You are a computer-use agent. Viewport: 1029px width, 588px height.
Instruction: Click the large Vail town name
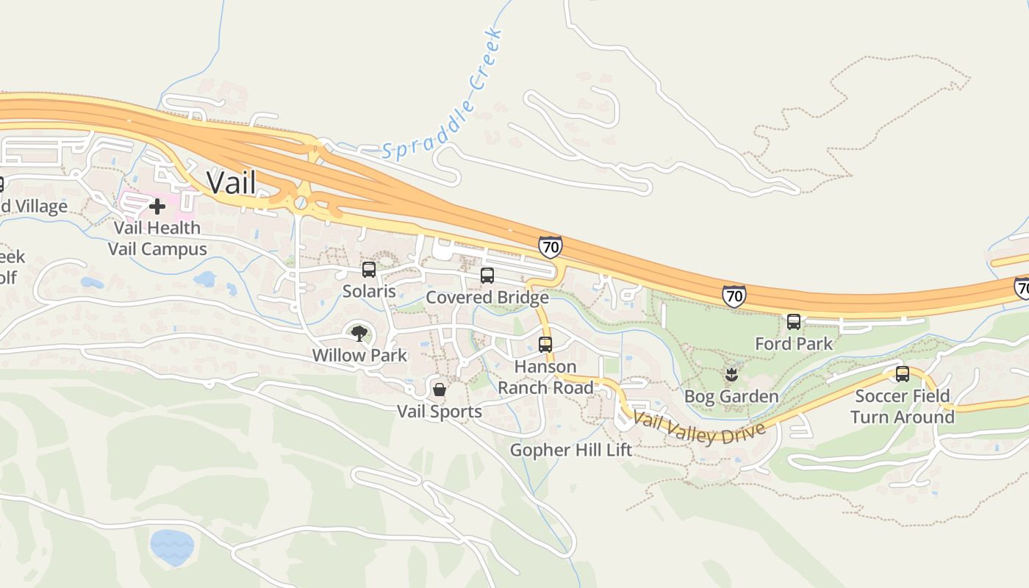coord(231,182)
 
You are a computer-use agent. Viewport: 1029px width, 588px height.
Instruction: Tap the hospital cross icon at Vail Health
coord(157,206)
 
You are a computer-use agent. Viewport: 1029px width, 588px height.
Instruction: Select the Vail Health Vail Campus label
coord(157,239)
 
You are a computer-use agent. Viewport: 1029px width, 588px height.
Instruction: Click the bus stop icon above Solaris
coord(369,270)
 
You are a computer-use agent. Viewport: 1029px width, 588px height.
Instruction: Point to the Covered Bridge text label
coord(487,298)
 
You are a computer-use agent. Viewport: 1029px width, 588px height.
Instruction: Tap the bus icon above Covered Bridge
coord(487,276)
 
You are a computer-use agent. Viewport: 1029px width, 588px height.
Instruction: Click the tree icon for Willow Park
coord(359,334)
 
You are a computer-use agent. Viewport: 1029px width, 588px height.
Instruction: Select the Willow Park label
coord(359,355)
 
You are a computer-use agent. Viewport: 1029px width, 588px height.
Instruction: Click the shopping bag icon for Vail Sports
coord(440,389)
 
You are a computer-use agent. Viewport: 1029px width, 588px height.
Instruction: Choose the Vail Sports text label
coord(440,412)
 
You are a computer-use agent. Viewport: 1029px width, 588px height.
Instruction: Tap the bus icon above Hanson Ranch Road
coord(545,344)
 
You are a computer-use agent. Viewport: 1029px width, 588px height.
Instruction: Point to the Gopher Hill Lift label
coord(570,450)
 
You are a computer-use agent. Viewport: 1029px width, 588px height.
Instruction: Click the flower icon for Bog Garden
coord(731,375)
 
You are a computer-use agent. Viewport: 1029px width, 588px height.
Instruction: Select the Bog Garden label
coord(731,397)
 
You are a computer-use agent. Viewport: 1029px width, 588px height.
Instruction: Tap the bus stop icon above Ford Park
coord(794,321)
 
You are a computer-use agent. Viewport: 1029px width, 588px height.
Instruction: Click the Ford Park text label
coord(794,343)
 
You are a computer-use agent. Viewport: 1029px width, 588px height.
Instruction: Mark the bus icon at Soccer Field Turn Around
coord(902,373)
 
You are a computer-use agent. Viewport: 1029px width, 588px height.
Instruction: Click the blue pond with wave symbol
coord(172,547)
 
